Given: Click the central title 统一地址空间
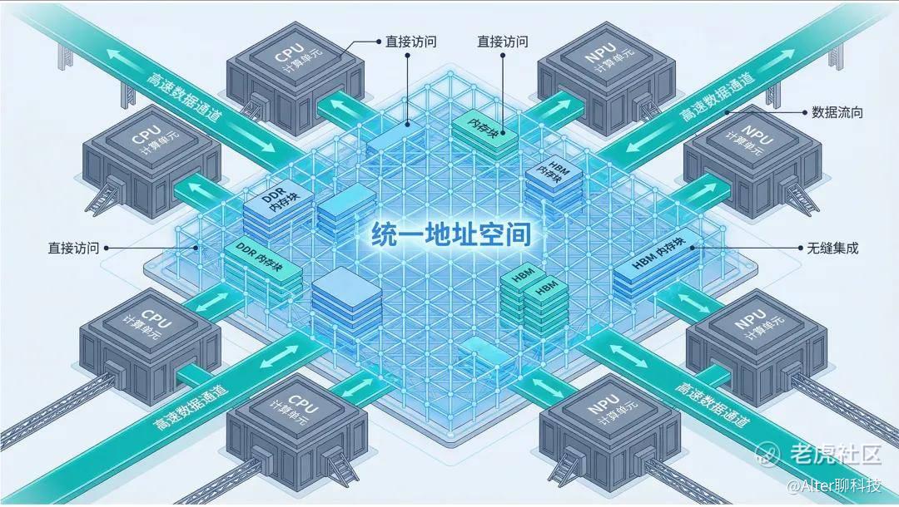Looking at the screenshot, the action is click(450, 234).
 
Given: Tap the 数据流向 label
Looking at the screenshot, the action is click(837, 113).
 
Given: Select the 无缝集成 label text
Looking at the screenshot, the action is click(832, 248).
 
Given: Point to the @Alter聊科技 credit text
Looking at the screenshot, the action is click(834, 486).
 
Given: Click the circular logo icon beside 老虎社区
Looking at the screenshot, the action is click(768, 454).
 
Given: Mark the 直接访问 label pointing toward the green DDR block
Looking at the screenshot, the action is click(73, 248).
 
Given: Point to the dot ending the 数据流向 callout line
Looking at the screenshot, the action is click(727, 112).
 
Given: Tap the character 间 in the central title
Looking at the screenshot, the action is click(518, 234).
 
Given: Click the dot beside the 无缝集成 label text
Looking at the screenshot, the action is click(801, 248).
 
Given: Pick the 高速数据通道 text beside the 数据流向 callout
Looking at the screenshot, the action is click(717, 96).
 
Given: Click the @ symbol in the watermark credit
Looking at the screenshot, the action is click(793, 486).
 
